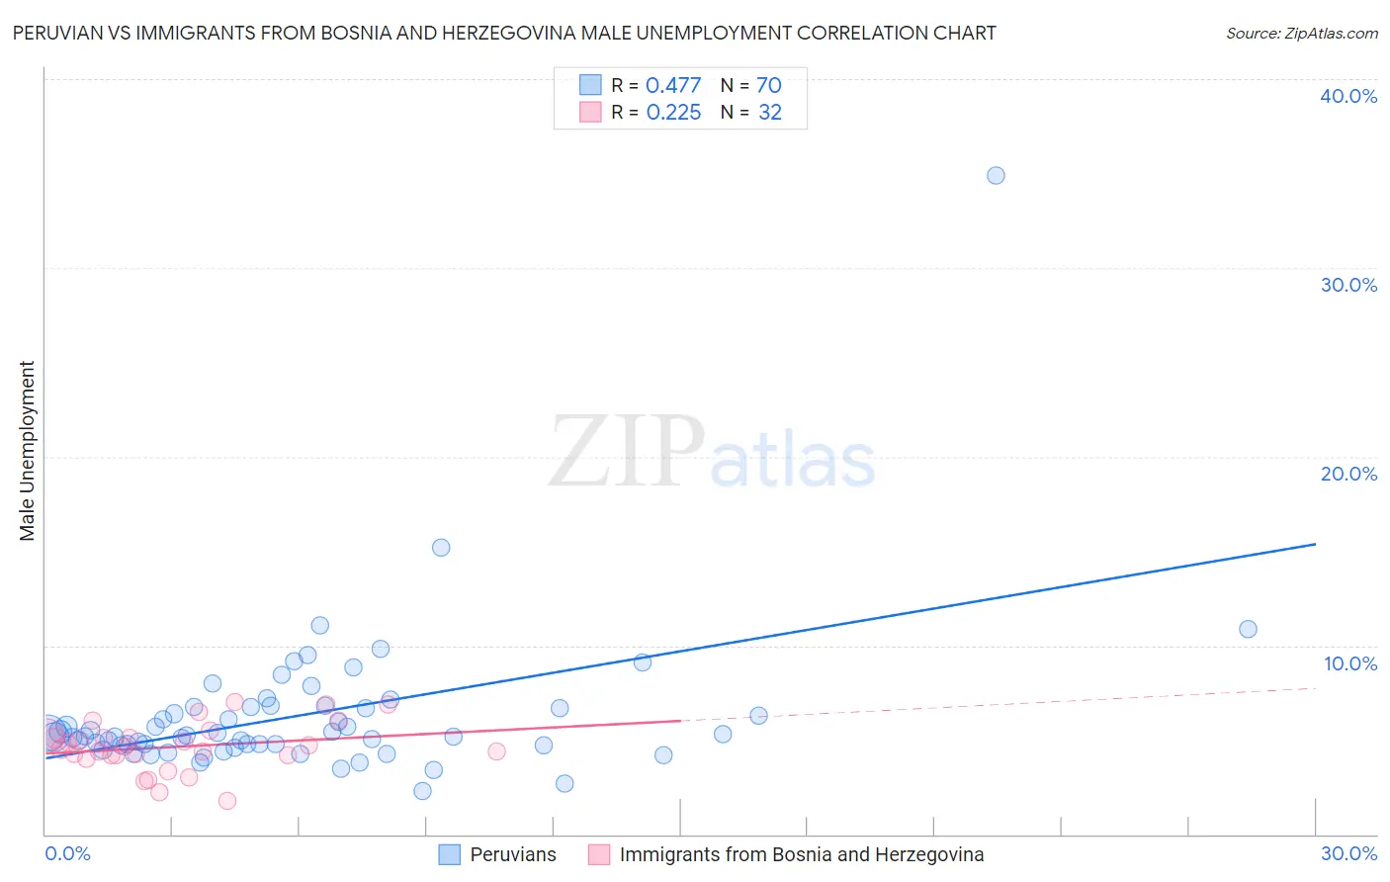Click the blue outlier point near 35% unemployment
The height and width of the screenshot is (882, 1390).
(x=996, y=176)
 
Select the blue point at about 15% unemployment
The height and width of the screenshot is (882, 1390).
(x=441, y=548)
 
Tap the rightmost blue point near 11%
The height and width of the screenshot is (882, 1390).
(x=1248, y=629)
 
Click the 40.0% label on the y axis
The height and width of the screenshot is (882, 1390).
(x=1348, y=96)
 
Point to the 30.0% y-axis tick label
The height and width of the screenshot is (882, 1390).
(x=1348, y=285)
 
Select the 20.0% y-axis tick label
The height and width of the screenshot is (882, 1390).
(x=1348, y=474)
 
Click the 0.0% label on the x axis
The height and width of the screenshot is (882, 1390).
(x=68, y=853)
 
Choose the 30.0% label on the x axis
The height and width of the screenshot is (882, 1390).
(x=1348, y=853)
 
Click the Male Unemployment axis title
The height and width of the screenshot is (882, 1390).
(x=27, y=451)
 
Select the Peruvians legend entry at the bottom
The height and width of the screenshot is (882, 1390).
(x=512, y=854)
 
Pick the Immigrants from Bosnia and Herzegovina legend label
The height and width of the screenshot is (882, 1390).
(x=801, y=854)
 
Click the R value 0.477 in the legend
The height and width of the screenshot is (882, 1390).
(x=673, y=86)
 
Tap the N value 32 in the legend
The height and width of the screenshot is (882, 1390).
(x=770, y=113)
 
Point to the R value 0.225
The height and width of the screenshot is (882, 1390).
(x=673, y=113)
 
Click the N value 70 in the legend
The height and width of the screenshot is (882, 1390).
(x=769, y=86)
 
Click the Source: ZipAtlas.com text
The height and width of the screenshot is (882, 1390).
(x=1301, y=34)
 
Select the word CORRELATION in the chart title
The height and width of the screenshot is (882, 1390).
(x=864, y=33)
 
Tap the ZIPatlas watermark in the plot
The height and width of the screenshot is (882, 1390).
(x=712, y=453)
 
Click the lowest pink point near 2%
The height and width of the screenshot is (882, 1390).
(x=227, y=801)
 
